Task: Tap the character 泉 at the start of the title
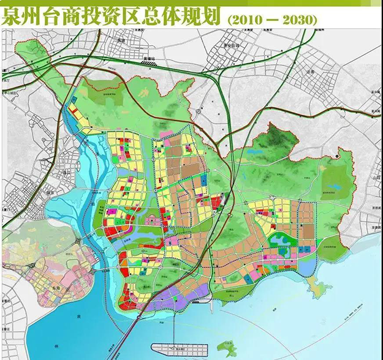pos(13,17)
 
